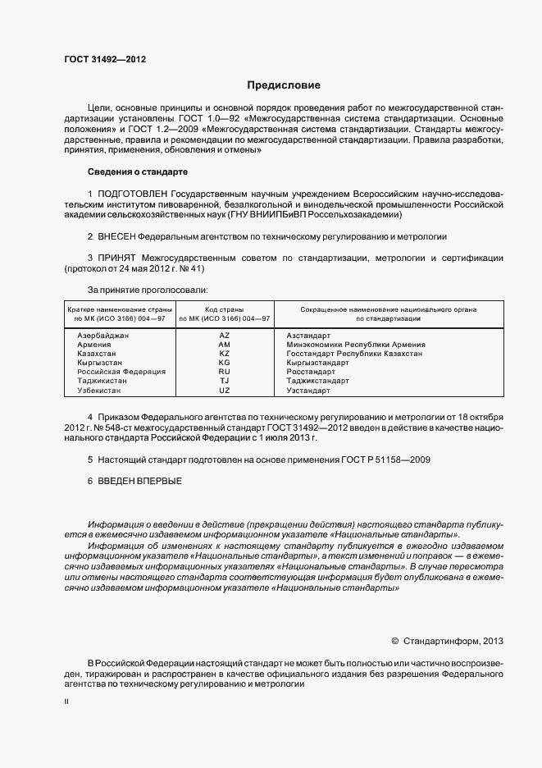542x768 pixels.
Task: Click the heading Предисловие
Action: tap(284, 85)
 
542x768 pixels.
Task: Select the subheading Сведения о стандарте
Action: tap(137, 172)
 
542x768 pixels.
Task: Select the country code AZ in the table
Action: tap(225, 336)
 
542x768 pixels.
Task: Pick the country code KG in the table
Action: tap(225, 363)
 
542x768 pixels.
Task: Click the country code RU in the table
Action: tap(225, 372)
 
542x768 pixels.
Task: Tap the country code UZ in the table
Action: tap(225, 391)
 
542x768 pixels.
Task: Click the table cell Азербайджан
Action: tap(102, 336)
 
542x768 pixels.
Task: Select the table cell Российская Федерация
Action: tap(121, 372)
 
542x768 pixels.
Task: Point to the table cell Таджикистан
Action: tap(102, 381)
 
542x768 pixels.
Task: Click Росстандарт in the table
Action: tap(312, 372)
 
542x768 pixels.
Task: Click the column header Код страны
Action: tap(225, 309)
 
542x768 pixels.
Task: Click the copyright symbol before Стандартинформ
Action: tap(394, 641)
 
